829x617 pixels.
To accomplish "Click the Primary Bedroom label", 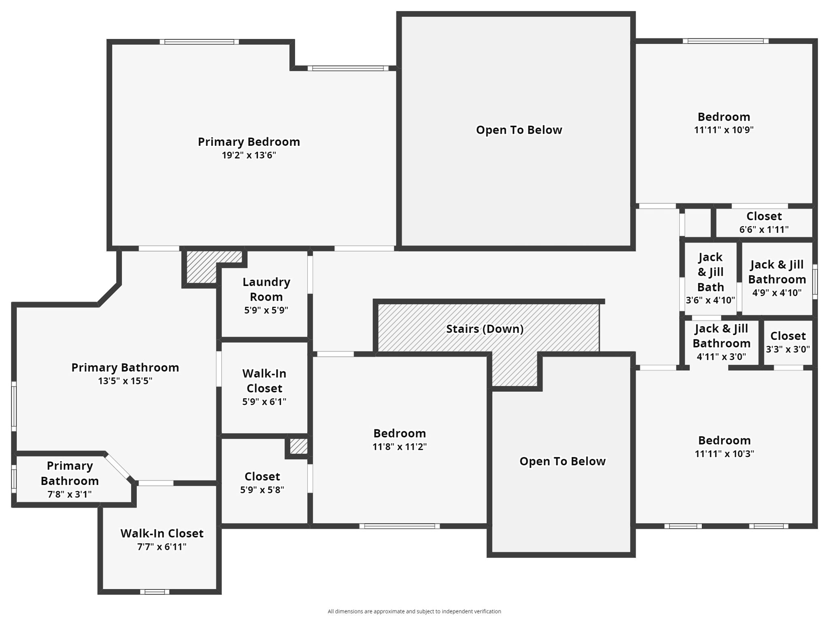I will pyautogui.click(x=249, y=142).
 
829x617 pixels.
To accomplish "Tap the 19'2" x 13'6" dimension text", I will pyautogui.click(x=249, y=155).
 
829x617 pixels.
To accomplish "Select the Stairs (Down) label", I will pyautogui.click(x=485, y=329).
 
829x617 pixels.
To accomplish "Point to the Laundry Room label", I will pyautogui.click(x=266, y=289).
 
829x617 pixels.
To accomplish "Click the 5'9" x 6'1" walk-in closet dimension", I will pyautogui.click(x=264, y=402).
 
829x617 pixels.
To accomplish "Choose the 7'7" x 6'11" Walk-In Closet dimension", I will pyautogui.click(x=162, y=547).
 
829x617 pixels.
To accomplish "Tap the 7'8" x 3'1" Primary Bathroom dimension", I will pyautogui.click(x=70, y=494).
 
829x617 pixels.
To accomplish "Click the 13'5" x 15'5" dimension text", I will pyautogui.click(x=125, y=381).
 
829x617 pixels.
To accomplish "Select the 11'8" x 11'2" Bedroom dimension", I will pyautogui.click(x=400, y=447).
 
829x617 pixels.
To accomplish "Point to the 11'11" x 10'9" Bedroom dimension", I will pyautogui.click(x=724, y=130).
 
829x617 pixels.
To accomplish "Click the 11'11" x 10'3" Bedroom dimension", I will pyautogui.click(x=724, y=454).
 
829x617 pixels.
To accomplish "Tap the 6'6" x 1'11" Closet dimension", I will pyautogui.click(x=764, y=230).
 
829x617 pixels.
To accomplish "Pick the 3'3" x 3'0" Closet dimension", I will pyautogui.click(x=788, y=349).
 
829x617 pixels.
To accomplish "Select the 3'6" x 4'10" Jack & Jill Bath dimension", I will pyautogui.click(x=710, y=300).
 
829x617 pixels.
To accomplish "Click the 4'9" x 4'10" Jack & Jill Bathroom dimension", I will pyautogui.click(x=777, y=292).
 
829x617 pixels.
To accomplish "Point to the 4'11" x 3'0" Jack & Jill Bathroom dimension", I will pyautogui.click(x=721, y=357).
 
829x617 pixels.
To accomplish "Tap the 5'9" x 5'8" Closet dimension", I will pyautogui.click(x=262, y=490).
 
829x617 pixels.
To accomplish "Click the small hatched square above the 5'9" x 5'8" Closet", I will pyautogui.click(x=299, y=447).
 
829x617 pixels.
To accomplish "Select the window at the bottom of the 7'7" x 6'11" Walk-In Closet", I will pyautogui.click(x=155, y=592).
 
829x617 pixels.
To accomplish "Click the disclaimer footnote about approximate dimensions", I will pyautogui.click(x=414, y=611).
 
